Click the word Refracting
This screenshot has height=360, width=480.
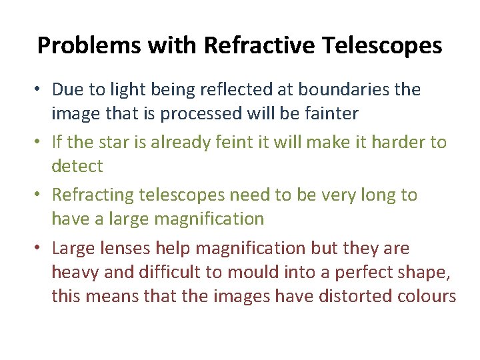click(93, 195)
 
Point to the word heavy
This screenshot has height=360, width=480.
click(72, 273)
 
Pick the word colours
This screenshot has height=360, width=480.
click(426, 296)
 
